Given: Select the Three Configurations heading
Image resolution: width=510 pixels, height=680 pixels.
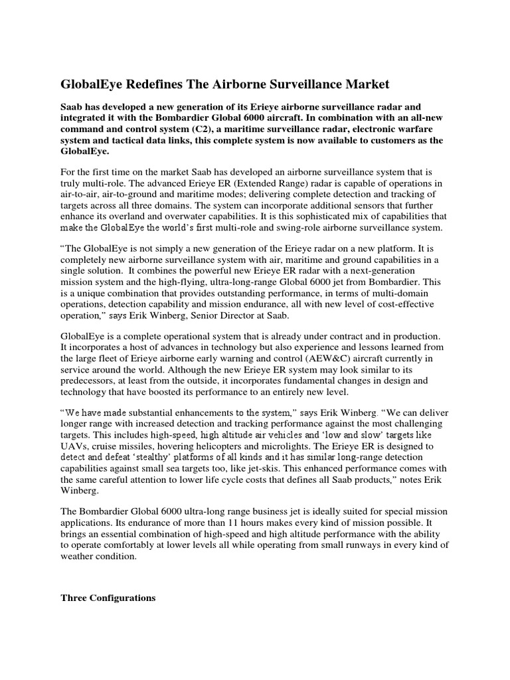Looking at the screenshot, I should pos(108,598).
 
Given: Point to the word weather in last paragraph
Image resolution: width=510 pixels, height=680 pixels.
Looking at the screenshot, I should pos(79,557).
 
